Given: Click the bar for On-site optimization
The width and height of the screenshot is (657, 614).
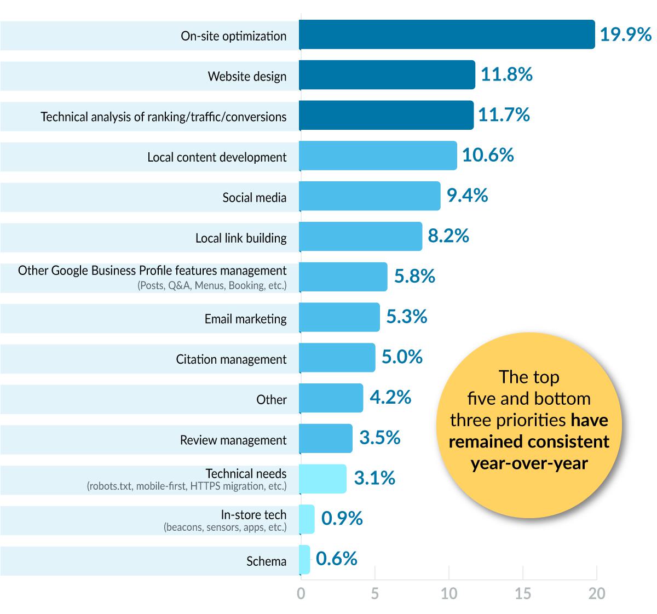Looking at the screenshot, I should [447, 35].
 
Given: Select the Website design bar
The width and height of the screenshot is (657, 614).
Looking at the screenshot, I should [387, 75].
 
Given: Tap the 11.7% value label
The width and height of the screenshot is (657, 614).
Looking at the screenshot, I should [504, 115].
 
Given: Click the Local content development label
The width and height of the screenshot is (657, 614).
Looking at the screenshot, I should [217, 157].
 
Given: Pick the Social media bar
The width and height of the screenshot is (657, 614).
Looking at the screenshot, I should [370, 196].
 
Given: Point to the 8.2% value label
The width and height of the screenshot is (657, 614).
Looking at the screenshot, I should [448, 236].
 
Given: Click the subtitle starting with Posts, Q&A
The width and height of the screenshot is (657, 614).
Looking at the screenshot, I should [212, 285].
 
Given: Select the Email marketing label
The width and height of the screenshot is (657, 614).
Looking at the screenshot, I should [245, 319].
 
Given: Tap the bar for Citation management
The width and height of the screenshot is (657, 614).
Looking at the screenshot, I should [337, 358].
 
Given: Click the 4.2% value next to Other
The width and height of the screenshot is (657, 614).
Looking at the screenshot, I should [390, 397].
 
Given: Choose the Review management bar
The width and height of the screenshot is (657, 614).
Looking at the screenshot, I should [326, 438].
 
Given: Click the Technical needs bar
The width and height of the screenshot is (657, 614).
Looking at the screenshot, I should [323, 479].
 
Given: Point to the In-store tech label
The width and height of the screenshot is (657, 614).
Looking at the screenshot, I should [253, 515].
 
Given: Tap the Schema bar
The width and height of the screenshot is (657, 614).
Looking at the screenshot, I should [305, 560].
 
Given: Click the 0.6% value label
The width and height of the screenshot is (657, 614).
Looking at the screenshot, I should [337, 559].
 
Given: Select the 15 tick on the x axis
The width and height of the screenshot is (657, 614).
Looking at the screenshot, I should [523, 594].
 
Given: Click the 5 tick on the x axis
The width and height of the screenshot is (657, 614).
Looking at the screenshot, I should [374, 594].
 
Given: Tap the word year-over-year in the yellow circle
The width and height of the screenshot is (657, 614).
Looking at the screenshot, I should [529, 463].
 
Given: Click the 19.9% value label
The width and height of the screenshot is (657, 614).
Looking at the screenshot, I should [625, 35].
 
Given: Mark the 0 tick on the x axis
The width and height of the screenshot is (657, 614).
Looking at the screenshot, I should [301, 594].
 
